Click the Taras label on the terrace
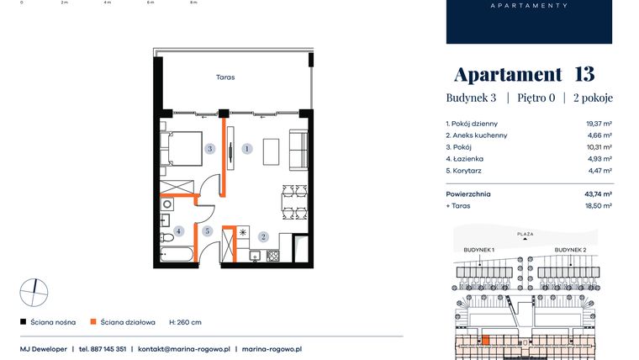point(224,77)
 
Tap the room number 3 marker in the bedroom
point(211,149)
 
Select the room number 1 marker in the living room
point(246,149)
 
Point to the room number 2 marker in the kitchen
point(263,237)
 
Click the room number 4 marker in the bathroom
point(178,230)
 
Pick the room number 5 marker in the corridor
point(206,230)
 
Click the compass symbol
point(34,292)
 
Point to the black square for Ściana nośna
point(23,321)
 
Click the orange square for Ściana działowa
point(94,321)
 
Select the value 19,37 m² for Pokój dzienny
point(598,123)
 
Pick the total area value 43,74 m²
point(598,193)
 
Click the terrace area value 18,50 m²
point(598,205)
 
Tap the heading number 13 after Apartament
point(584,74)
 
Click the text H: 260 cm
point(185,321)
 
